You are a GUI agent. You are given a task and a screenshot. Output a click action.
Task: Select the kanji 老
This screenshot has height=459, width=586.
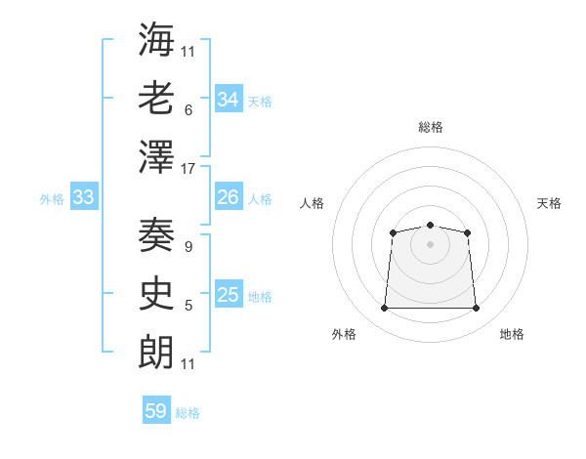pyautogui.click(x=156, y=99)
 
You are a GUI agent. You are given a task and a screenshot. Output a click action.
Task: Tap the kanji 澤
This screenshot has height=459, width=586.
pyautogui.click(x=156, y=157)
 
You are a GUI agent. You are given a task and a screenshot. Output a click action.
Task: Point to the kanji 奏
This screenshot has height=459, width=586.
pyautogui.click(x=156, y=235)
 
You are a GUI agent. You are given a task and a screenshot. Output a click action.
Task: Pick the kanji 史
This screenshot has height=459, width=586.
pyautogui.click(x=156, y=294)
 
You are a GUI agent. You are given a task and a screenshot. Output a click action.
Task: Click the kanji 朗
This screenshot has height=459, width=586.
pyautogui.click(x=156, y=353)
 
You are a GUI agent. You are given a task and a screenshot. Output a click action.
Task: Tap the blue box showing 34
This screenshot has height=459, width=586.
pyautogui.click(x=229, y=99)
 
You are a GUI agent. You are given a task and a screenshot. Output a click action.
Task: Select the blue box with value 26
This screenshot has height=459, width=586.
pyautogui.click(x=229, y=197)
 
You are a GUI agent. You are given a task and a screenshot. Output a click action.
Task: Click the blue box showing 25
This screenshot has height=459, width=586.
pyautogui.click(x=229, y=295)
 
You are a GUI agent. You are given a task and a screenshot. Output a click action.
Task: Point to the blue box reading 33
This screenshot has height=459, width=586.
pyautogui.click(x=83, y=197)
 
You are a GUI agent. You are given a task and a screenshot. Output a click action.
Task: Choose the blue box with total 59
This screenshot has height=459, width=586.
pyautogui.click(x=156, y=411)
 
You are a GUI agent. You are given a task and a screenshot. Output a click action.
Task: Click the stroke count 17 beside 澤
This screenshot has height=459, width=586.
pyautogui.click(x=188, y=169)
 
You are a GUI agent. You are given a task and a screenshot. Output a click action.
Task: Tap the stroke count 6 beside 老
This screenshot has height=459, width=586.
pyautogui.click(x=188, y=109)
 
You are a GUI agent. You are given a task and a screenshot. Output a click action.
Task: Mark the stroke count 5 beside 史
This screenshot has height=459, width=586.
pyautogui.click(x=188, y=306)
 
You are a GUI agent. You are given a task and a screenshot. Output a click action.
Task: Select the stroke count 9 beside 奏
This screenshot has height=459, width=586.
pyautogui.click(x=188, y=247)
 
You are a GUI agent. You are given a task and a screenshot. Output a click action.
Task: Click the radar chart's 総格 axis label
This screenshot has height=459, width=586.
pyautogui.click(x=430, y=127)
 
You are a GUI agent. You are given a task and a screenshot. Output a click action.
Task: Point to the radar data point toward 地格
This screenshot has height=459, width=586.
pyautogui.click(x=477, y=309)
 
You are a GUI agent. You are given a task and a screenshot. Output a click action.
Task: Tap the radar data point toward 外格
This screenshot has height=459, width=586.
pyautogui.click(x=384, y=309)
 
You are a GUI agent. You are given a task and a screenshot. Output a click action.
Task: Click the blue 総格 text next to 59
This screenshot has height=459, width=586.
pyautogui.click(x=188, y=413)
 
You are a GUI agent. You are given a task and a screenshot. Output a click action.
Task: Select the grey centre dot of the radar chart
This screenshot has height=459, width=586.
pyautogui.click(x=430, y=243)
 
